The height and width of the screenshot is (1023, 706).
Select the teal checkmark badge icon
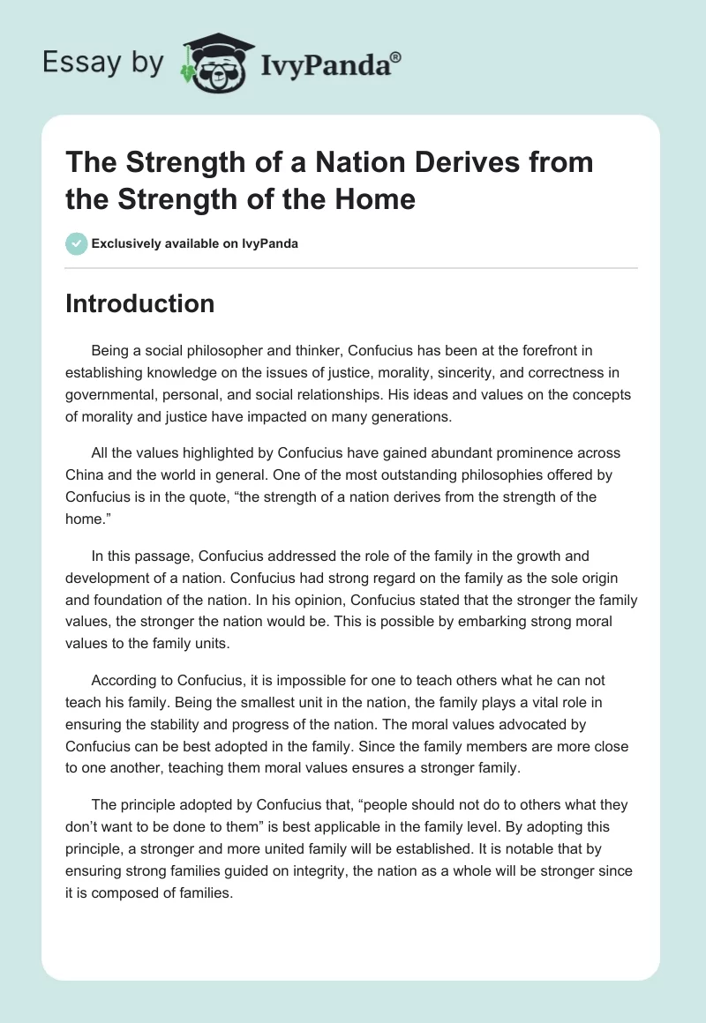[x=77, y=243]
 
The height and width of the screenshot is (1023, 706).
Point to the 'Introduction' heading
[x=140, y=303]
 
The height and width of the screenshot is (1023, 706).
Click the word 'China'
[x=86, y=474]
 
